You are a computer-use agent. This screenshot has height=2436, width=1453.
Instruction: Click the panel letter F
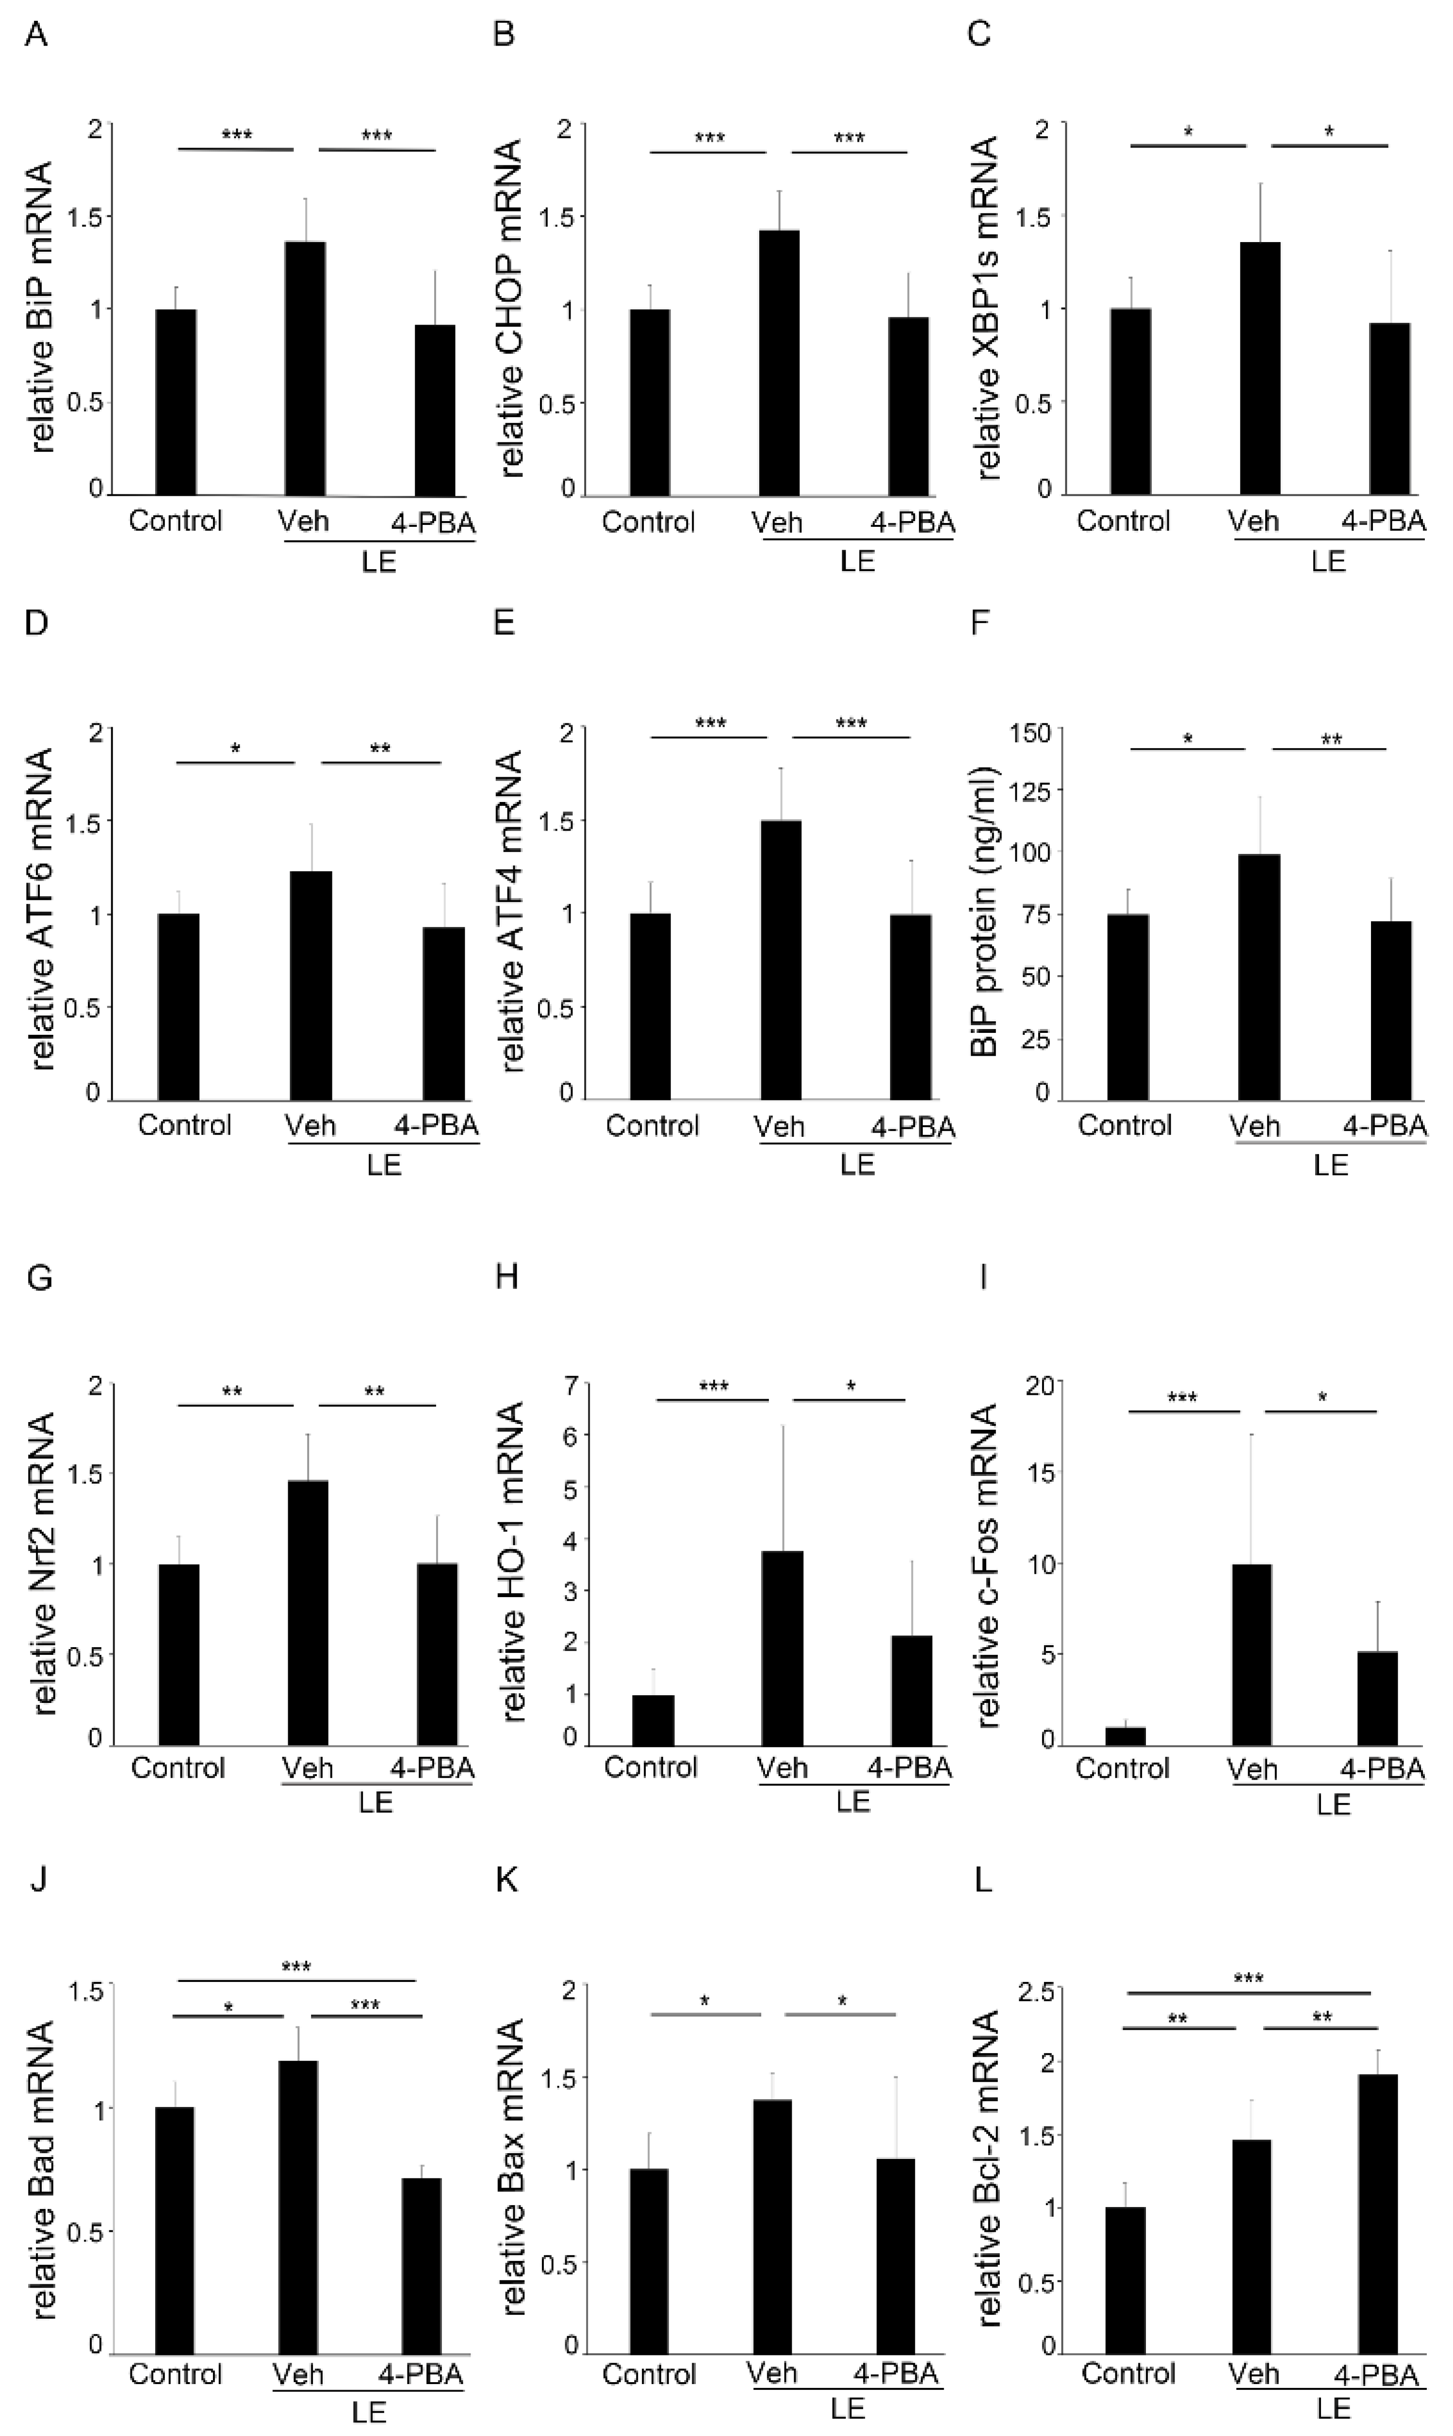coord(979,623)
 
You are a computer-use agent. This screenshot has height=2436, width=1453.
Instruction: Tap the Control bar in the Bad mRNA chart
coord(174,2230)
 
